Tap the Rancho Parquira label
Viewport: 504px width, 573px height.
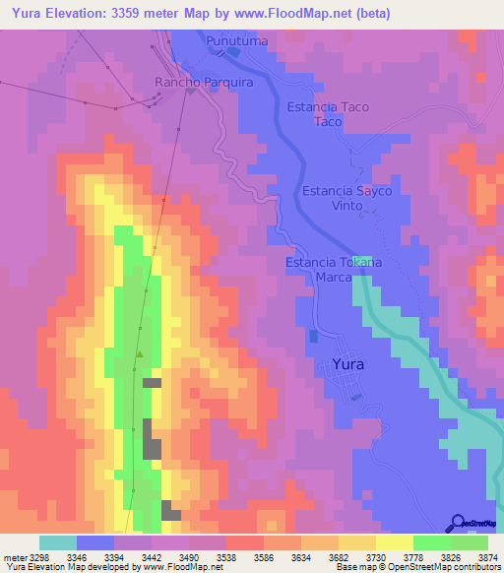(204, 83)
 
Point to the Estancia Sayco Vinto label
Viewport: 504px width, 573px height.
(346, 198)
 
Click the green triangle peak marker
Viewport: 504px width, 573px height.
(139, 354)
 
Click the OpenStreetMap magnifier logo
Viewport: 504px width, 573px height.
(458, 523)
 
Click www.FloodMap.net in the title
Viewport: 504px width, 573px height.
(301, 14)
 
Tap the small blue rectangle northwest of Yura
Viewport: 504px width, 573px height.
(313, 336)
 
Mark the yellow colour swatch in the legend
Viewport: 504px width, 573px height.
(394, 542)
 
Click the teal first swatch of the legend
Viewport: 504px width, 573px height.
(58, 542)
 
